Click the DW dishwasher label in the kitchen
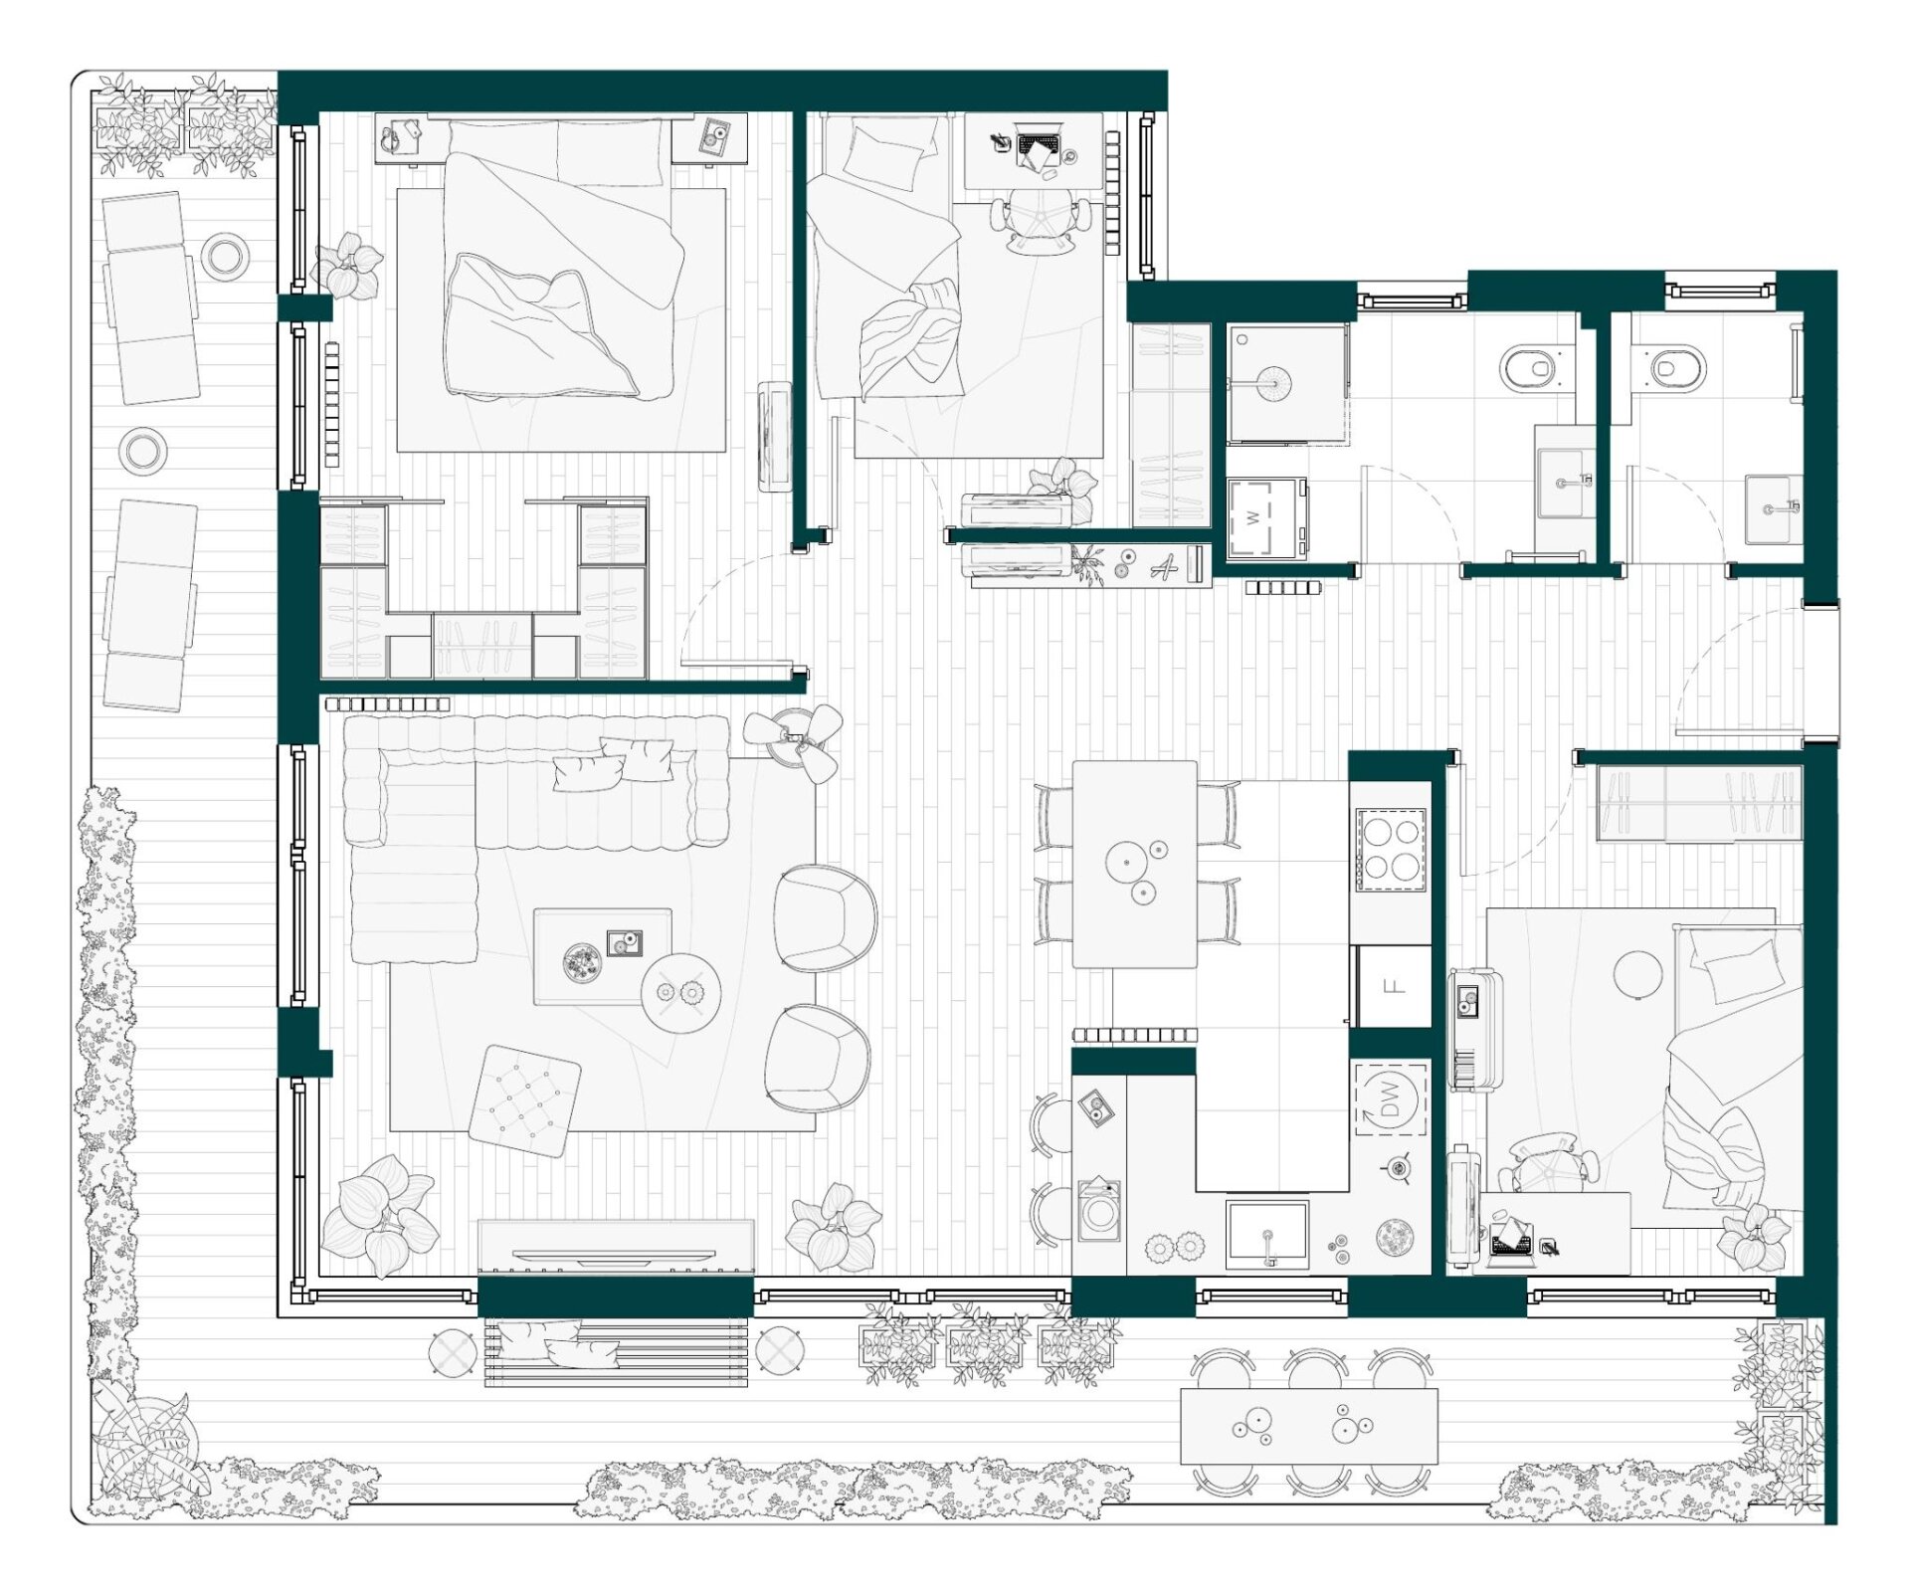tap(1391, 1099)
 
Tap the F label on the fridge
tap(1395, 986)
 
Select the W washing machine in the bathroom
tap(1266, 517)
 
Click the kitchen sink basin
tap(1267, 1234)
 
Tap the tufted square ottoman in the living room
tap(524, 1100)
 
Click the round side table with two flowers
tap(680, 992)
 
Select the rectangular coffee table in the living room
tap(602, 956)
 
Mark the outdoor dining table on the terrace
tap(1308, 1426)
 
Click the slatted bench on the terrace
tap(616, 1351)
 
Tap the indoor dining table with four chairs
tap(1134, 864)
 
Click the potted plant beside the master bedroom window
tap(347, 266)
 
